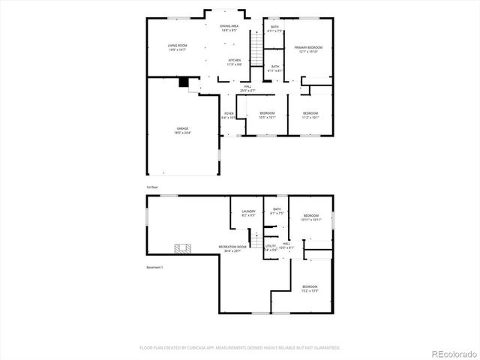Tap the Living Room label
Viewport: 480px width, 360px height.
tap(178, 47)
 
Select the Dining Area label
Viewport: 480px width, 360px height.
tap(229, 28)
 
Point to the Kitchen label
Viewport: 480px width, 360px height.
tap(235, 61)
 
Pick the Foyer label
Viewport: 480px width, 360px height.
tap(229, 115)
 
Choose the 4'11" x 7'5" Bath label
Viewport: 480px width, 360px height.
tap(274, 29)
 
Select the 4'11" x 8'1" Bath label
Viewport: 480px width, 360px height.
tap(275, 68)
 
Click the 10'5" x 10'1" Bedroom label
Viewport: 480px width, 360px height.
tap(268, 115)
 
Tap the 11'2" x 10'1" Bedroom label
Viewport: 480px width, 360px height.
tap(310, 115)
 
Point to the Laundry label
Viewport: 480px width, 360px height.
tap(249, 214)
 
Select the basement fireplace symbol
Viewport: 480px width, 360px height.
tap(182, 247)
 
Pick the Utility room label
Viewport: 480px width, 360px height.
tap(271, 247)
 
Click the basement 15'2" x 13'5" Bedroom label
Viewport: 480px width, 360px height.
tap(310, 288)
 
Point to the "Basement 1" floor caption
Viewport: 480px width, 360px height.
tap(154, 266)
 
